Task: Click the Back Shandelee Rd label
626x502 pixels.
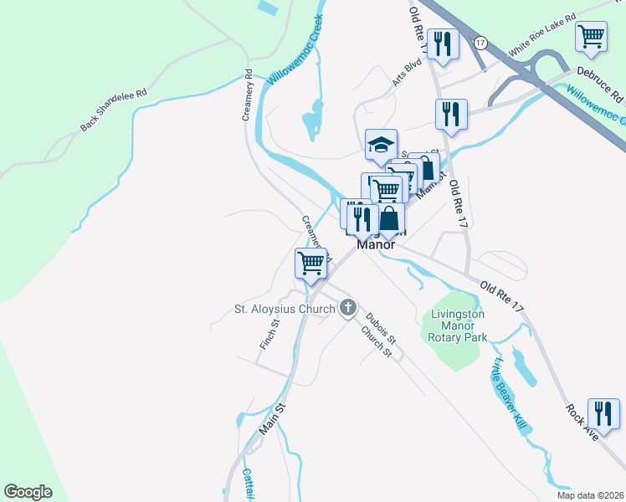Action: [x=114, y=110]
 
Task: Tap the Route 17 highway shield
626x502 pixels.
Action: [x=480, y=41]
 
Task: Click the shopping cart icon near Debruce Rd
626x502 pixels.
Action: [x=592, y=37]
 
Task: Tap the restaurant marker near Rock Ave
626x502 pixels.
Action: [x=603, y=412]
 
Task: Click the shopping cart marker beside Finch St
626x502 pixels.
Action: [x=310, y=263]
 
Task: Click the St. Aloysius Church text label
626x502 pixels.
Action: [x=284, y=310]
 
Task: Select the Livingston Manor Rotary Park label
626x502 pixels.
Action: [x=458, y=326]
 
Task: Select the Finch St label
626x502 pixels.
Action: [x=269, y=334]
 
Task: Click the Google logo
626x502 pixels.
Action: [x=28, y=491]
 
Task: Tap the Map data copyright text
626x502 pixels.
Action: [x=589, y=495]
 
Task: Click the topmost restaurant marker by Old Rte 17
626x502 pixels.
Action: [x=443, y=44]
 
